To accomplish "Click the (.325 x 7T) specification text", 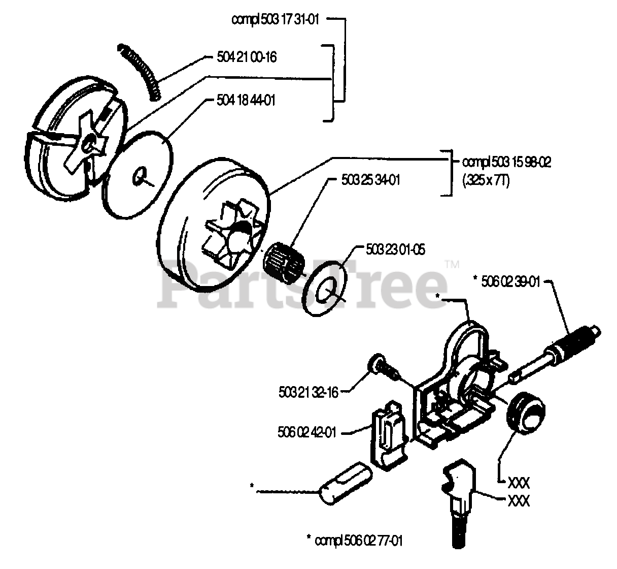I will [x=486, y=180].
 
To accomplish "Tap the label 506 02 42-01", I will [x=307, y=433].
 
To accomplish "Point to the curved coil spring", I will [x=141, y=71].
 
